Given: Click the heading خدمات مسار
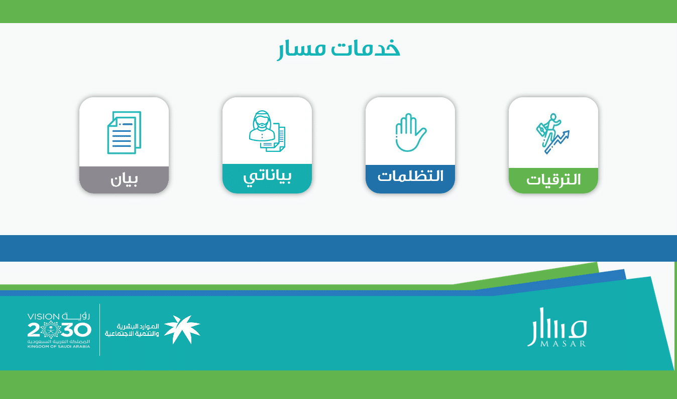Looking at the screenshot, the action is point(339,49).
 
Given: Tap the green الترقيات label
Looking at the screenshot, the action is point(553,180).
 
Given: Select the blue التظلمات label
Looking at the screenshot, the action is point(410,176).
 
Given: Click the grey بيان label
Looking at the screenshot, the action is point(124,180).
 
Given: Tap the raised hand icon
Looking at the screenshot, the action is point(410,132).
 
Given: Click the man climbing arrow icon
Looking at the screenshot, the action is point(553,133).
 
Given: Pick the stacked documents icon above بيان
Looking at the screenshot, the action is point(124,132).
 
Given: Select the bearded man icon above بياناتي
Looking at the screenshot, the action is point(267,131).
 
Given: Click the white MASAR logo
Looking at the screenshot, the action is point(557,327).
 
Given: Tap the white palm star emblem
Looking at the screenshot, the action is point(182,329).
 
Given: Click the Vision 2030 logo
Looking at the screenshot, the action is point(59,330).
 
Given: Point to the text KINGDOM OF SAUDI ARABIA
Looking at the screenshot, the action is point(59,346).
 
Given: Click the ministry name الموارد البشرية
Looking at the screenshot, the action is point(138,326).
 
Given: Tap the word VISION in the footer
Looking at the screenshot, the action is point(43,316).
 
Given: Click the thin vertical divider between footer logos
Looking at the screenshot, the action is point(100,330).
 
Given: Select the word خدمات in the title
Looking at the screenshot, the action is point(366,48).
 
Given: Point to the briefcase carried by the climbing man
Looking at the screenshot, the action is point(541,130).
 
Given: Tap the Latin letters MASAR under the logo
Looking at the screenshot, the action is point(563,344).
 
